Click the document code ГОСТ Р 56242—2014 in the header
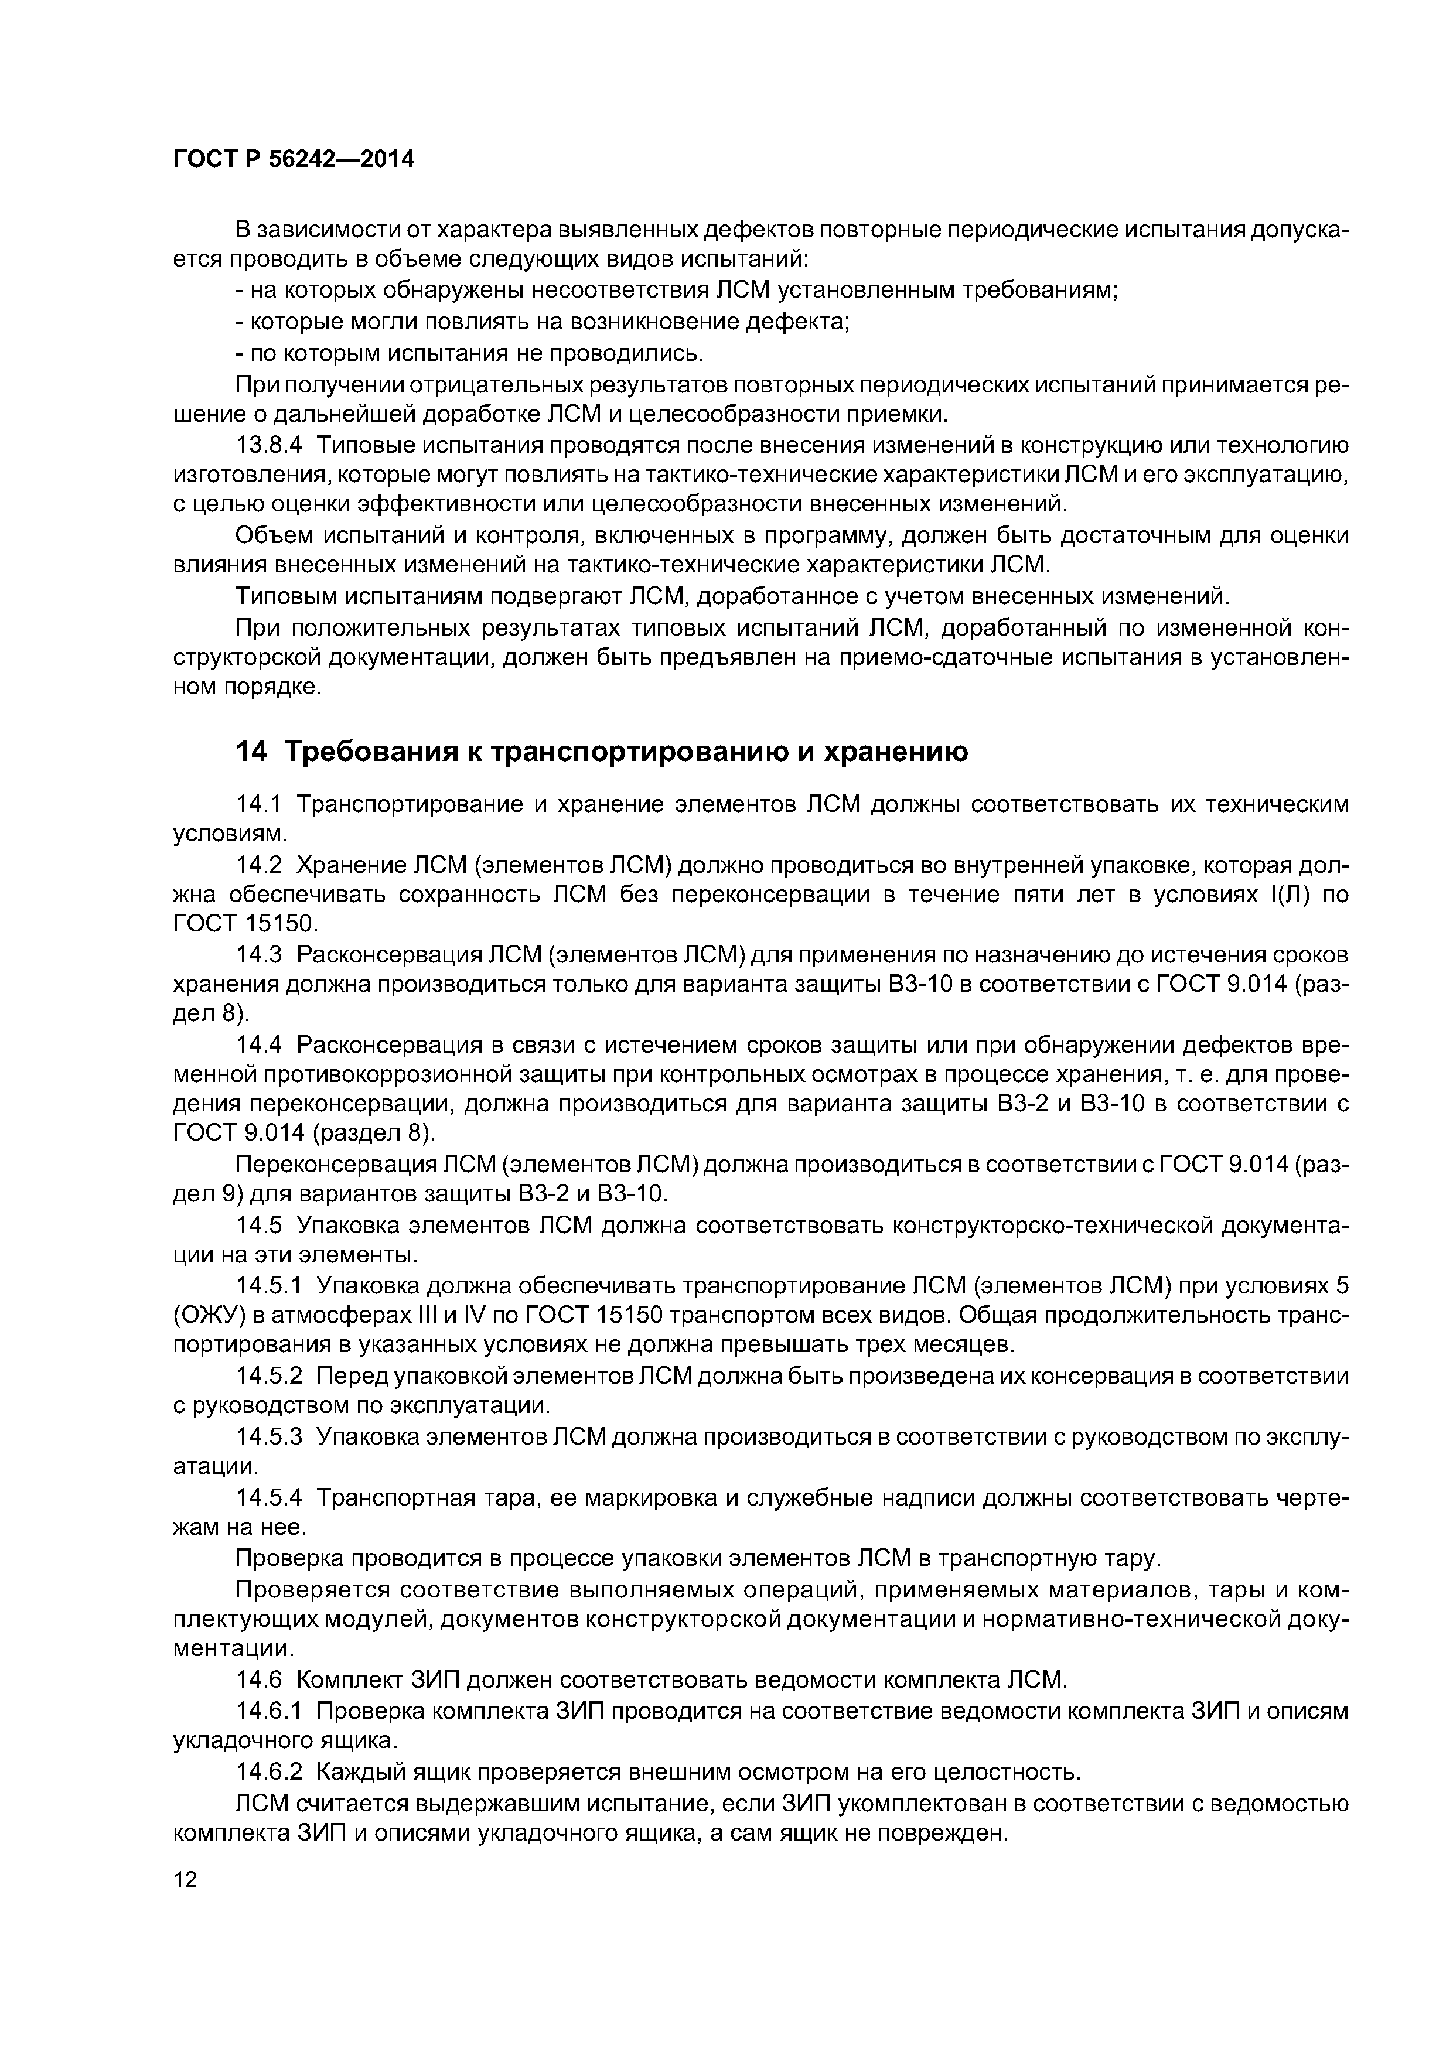pyautogui.click(x=294, y=160)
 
